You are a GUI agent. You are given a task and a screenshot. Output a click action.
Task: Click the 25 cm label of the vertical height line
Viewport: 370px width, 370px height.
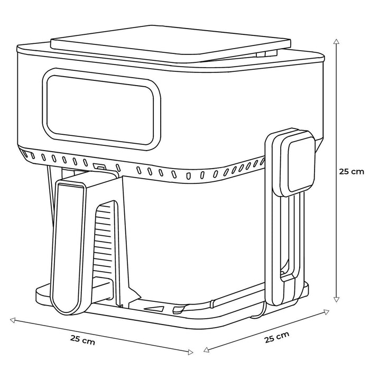point(351,172)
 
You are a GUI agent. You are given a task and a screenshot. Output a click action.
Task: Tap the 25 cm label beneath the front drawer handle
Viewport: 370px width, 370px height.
point(82,340)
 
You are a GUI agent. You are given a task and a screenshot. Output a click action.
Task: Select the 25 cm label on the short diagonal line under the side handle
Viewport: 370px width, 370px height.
point(276,337)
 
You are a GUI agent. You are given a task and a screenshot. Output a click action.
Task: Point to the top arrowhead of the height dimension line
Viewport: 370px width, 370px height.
point(336,42)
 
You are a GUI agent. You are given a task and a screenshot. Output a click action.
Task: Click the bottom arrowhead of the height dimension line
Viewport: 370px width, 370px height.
point(336,300)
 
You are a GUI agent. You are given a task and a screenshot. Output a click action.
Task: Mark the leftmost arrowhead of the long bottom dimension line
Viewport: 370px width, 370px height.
point(13,320)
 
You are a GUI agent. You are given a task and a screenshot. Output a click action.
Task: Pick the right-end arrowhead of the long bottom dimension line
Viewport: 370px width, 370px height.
point(190,353)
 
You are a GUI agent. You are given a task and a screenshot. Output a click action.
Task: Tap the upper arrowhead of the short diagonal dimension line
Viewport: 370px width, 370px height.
point(326,312)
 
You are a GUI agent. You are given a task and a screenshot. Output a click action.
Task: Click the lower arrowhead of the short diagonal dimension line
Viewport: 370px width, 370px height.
point(206,350)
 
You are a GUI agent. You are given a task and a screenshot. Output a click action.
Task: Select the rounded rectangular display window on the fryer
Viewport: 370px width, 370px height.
point(101,109)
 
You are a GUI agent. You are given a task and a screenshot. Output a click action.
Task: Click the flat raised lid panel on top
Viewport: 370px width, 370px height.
point(170,44)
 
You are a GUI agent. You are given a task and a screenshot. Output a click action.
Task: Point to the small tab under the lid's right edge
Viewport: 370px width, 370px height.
point(266,54)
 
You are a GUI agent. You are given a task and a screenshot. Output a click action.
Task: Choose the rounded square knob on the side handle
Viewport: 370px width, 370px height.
point(298,164)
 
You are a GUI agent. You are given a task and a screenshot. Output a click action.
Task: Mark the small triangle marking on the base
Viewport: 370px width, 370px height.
point(154,309)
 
